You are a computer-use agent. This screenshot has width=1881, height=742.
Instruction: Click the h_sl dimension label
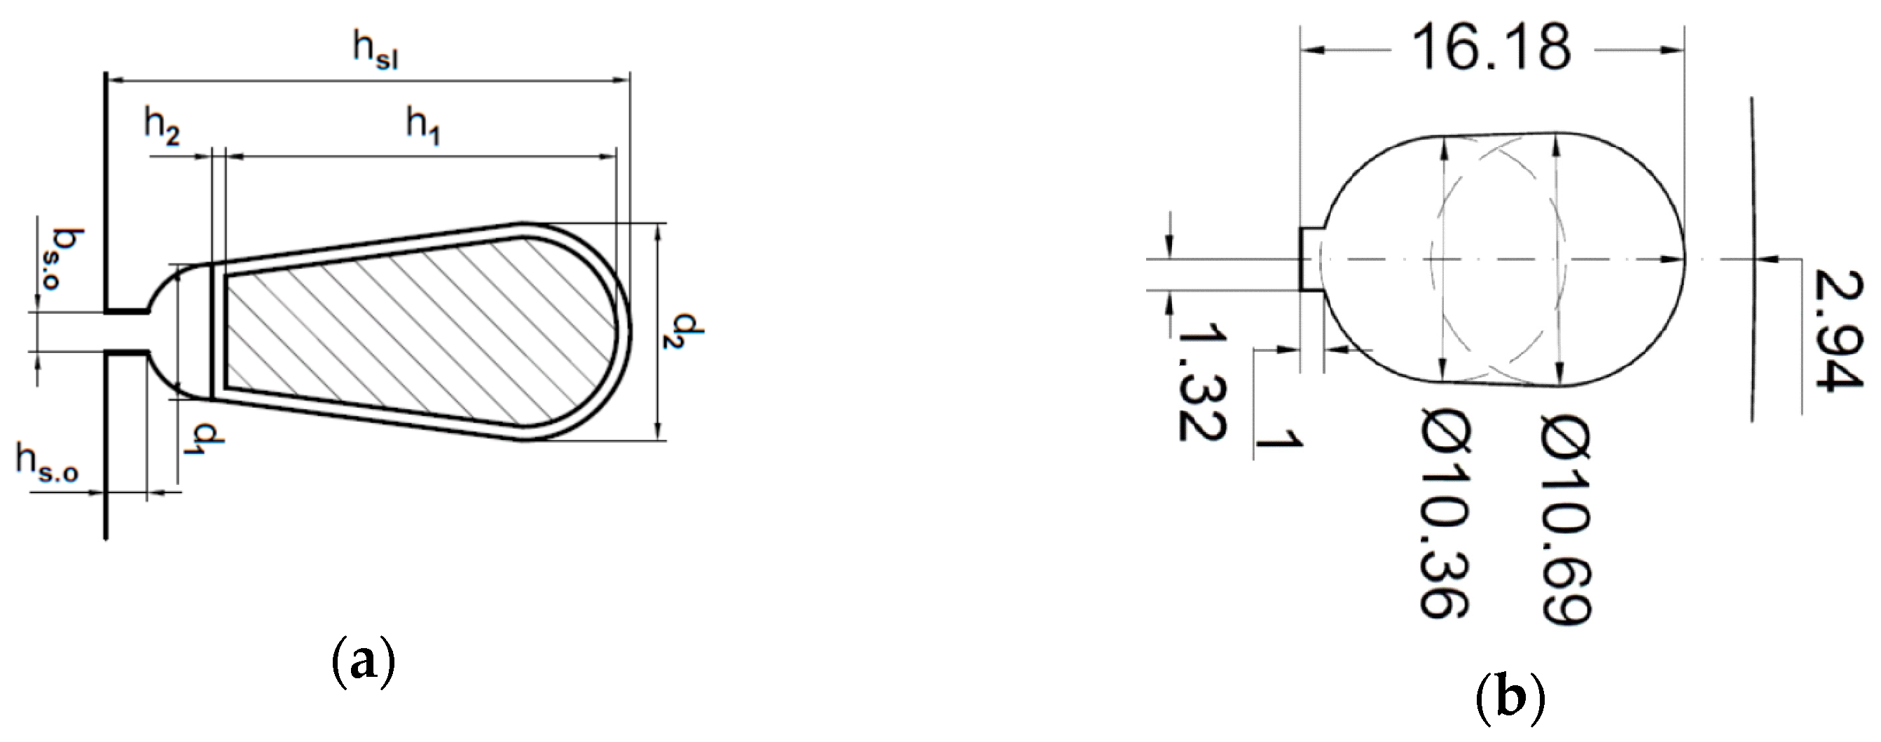click(375, 53)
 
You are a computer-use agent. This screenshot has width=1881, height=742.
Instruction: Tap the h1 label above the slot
click(424, 128)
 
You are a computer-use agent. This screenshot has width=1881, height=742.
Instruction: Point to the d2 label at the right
click(688, 330)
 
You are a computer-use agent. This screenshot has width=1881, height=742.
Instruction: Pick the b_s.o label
click(67, 260)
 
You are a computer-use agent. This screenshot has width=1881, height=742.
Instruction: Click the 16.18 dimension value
click(1490, 49)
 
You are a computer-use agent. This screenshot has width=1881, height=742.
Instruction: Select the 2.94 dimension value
click(1835, 330)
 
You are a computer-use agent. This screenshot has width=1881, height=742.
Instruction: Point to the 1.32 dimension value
click(1201, 383)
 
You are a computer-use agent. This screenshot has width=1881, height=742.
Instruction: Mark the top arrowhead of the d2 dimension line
click(658, 232)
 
